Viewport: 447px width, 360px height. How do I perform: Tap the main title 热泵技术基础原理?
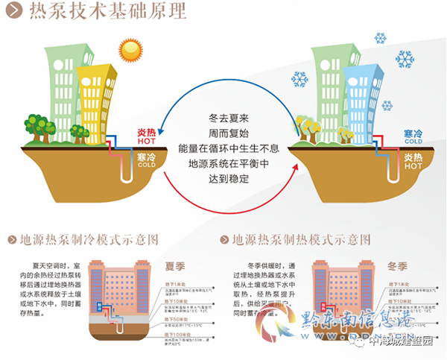108,10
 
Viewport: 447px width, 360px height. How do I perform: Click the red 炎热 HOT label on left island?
148,138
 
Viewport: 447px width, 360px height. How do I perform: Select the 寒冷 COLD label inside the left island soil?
147,160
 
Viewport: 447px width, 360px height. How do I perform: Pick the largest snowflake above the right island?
405,58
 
